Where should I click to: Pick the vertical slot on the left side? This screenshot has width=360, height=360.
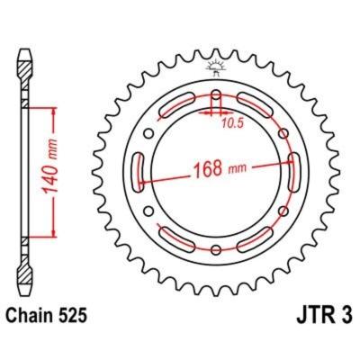(x=141, y=172)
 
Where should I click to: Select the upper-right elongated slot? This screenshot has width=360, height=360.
(x=258, y=110)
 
